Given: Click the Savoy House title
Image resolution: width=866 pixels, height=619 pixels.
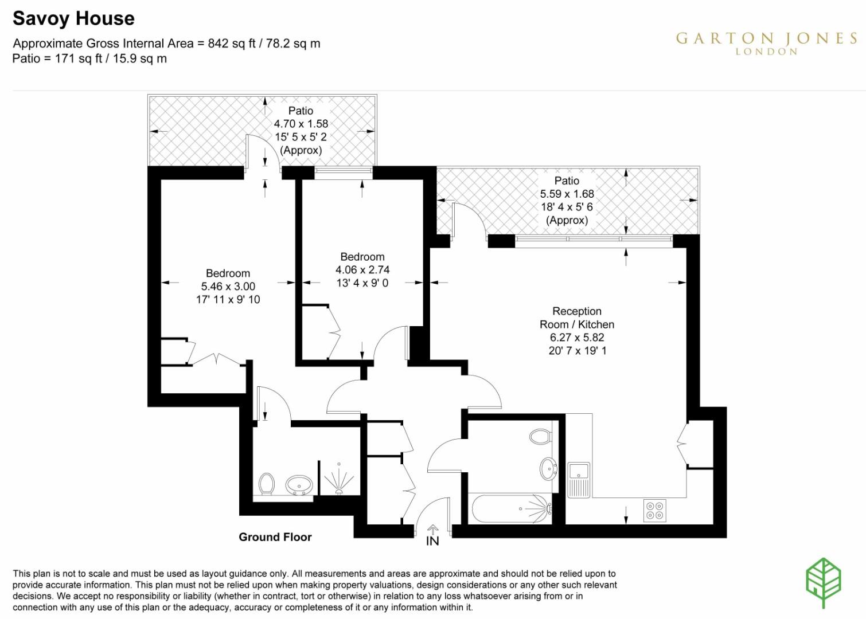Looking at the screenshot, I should (73, 18).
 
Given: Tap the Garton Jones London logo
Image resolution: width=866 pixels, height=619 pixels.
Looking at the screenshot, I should (766, 42).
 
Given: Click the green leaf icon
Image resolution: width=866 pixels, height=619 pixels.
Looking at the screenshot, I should (823, 582).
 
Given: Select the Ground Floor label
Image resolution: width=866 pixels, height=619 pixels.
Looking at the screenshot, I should (275, 537).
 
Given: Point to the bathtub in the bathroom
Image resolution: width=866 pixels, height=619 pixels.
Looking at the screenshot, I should (510, 508).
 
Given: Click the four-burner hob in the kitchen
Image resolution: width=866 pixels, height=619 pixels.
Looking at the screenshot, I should (655, 510).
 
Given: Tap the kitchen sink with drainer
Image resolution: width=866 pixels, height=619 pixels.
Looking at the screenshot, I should (579, 479).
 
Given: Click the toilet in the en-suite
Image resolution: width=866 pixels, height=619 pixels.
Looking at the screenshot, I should (267, 484).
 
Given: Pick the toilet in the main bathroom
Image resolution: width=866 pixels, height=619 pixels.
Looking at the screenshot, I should (540, 437).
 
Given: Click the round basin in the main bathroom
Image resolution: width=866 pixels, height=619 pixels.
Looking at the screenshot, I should (548, 469).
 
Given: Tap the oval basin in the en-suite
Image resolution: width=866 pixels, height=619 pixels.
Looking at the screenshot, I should (299, 485).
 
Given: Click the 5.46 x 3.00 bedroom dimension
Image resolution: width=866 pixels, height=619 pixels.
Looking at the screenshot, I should (228, 287).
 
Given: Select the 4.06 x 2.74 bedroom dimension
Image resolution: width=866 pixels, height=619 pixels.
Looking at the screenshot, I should (362, 270).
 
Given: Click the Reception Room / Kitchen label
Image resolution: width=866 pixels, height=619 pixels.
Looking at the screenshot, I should (577, 318).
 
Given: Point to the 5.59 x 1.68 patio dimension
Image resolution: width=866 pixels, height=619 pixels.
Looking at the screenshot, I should (567, 194).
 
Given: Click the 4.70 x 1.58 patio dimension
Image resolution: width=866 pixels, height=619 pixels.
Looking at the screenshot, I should (301, 124).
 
